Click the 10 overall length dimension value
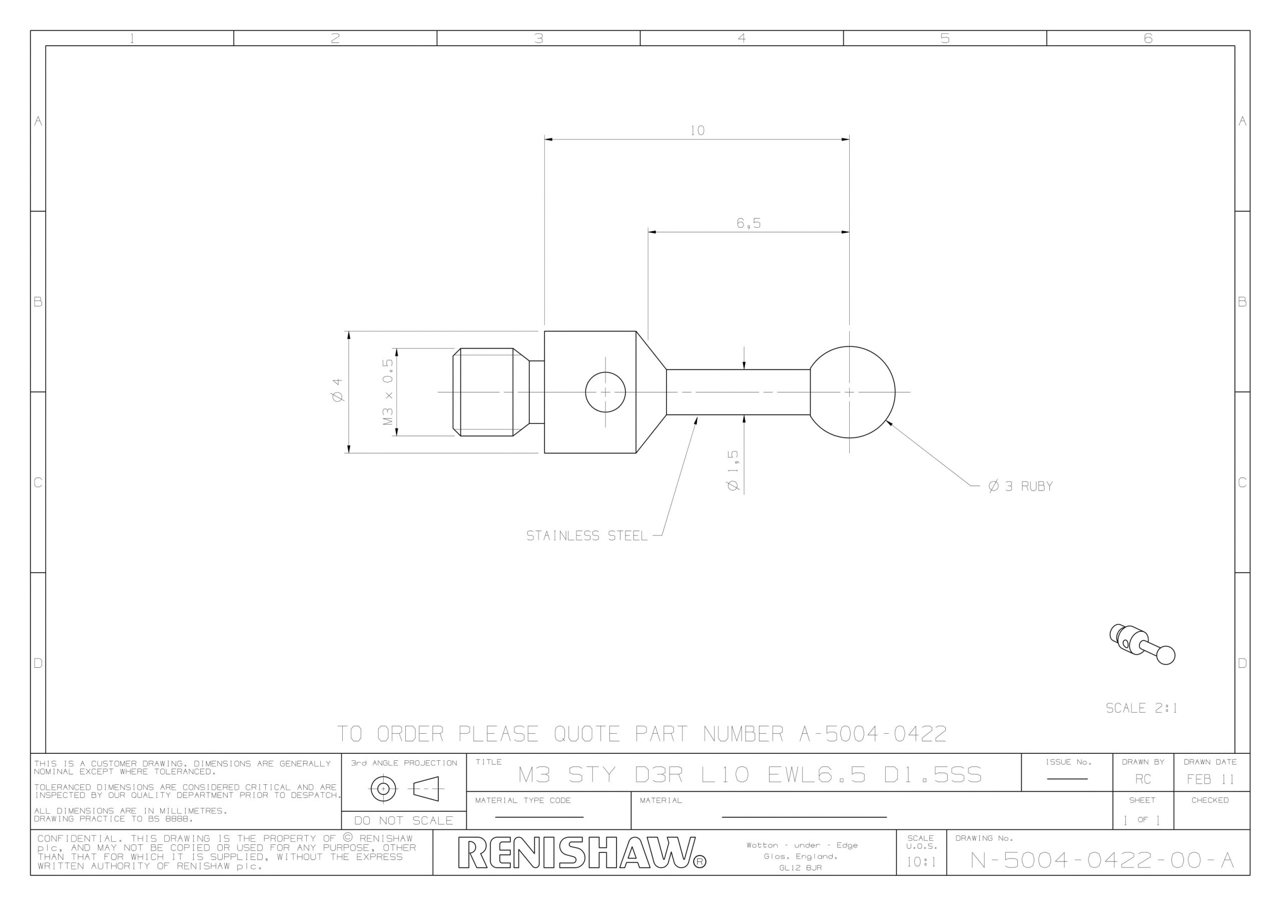tap(698, 131)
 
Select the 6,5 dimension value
tap(748, 223)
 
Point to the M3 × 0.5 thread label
tap(388, 392)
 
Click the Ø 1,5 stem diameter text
tap(733, 471)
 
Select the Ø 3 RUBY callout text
tap(1020, 486)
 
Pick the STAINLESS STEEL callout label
tap(587, 536)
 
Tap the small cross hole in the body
tap(605, 392)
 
